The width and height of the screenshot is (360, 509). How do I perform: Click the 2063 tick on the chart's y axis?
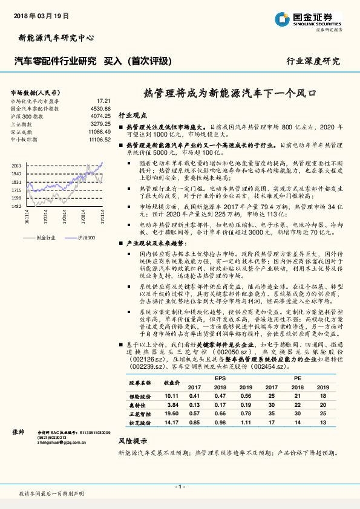(17, 165)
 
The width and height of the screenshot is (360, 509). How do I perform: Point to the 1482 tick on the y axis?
(17, 206)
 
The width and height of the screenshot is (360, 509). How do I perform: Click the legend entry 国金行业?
(46, 238)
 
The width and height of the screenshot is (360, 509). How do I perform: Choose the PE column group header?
(298, 378)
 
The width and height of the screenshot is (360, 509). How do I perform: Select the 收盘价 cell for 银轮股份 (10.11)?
(172, 395)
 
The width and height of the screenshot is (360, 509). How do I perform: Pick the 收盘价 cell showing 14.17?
(172, 423)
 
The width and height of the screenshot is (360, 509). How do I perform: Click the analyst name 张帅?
(18, 432)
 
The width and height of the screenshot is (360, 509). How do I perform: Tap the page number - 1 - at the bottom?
(180, 486)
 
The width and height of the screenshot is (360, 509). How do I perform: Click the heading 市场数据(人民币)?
(34, 92)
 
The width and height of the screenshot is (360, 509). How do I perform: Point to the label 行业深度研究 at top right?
(313, 61)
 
